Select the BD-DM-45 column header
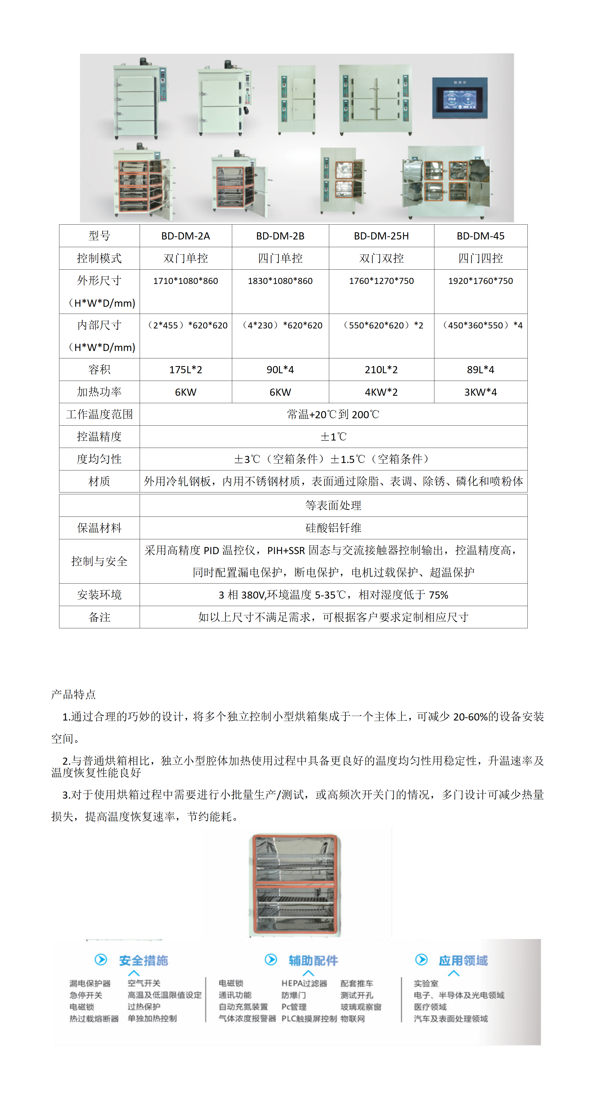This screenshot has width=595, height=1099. point(480,236)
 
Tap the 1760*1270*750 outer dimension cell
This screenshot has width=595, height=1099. point(381,281)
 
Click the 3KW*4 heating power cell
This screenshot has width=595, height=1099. point(480,392)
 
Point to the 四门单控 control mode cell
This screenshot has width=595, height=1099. point(280,258)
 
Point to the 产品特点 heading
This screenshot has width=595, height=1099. point(73,694)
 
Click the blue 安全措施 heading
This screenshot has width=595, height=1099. point(143,960)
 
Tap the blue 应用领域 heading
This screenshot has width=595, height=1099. point(463,960)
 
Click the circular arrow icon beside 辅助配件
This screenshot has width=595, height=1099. point(271,959)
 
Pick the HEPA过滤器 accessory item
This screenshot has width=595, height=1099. point(304,984)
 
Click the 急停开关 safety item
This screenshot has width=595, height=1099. point(86,995)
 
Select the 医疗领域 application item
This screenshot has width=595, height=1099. point(430,1007)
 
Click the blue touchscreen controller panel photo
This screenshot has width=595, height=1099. point(459,98)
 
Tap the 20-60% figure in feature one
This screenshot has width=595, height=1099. point(470,717)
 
